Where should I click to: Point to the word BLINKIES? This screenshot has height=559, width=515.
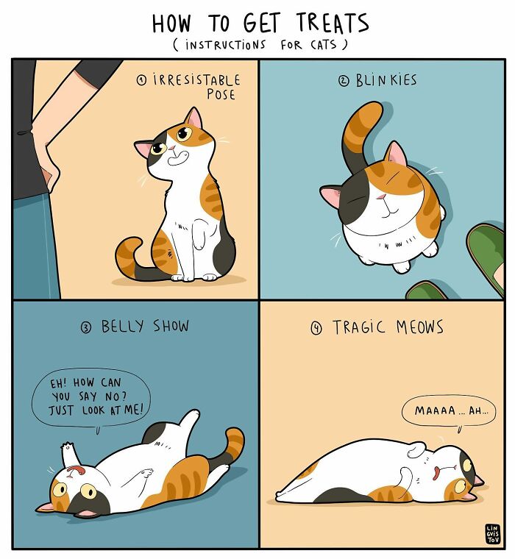click(x=386, y=80)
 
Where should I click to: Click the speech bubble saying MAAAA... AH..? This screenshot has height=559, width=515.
click(x=448, y=410)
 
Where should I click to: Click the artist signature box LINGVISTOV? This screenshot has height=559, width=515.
click(x=492, y=534)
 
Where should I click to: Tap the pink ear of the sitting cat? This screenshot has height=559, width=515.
click(x=193, y=118)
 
